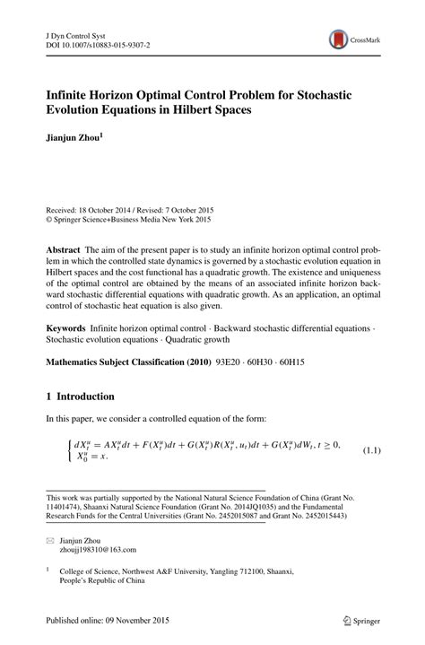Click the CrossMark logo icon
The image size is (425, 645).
339,39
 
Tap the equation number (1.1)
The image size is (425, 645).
371,449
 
